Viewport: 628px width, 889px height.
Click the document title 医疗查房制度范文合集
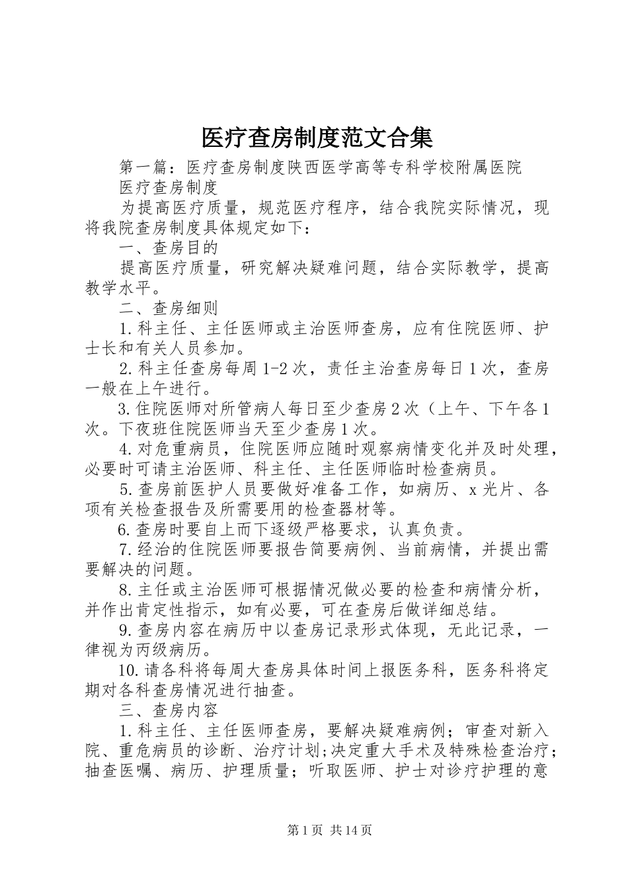[x=317, y=138]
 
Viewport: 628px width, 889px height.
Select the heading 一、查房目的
[x=169, y=247]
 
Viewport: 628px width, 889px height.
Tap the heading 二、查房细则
[x=169, y=308]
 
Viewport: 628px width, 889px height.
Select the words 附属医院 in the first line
[x=489, y=167]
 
